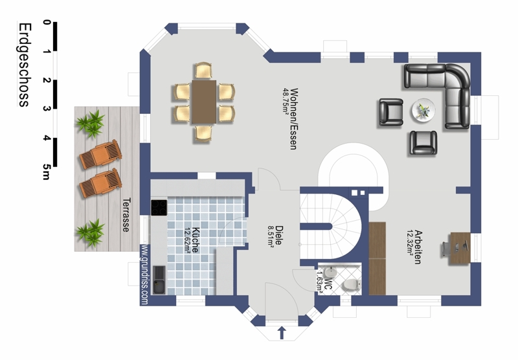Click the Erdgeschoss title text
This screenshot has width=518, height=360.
pos(25,65)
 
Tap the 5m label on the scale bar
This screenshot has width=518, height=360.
pos(46,172)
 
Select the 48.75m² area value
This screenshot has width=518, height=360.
pos(286,101)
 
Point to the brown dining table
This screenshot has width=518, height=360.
pos(204,102)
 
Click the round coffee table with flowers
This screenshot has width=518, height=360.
pos(423,110)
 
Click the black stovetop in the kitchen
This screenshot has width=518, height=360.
pos(159,207)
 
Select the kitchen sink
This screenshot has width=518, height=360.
pos(159,280)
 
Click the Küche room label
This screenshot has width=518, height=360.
pos(196,240)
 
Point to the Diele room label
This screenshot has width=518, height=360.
pos(279,235)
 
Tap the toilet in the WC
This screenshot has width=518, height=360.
pos(351,285)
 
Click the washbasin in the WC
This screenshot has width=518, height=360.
pos(330,272)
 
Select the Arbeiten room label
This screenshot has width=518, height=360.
pos(418,247)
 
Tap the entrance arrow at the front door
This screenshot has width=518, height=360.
pos(281,333)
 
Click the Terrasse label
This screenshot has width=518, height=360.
pos(126,215)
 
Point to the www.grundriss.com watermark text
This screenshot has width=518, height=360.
pos(144,274)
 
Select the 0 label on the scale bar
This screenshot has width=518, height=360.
pos(47,22)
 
